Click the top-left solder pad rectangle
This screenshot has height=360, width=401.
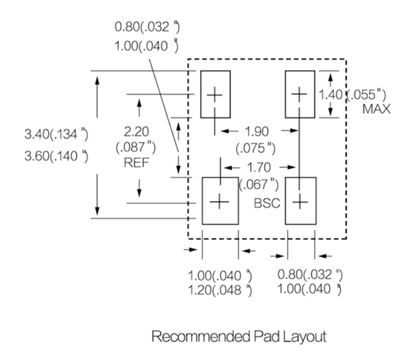click(215, 94)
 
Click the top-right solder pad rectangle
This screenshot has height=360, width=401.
click(300, 94)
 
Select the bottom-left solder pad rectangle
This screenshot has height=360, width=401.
click(220, 201)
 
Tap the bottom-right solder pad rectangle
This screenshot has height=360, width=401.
click(301, 201)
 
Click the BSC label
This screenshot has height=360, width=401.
click(266, 203)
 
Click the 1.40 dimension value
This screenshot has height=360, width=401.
click(331, 94)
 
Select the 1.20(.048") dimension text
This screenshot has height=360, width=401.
click(221, 289)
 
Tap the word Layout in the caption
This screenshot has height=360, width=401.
click(305, 337)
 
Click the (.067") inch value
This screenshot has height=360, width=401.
click(259, 184)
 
